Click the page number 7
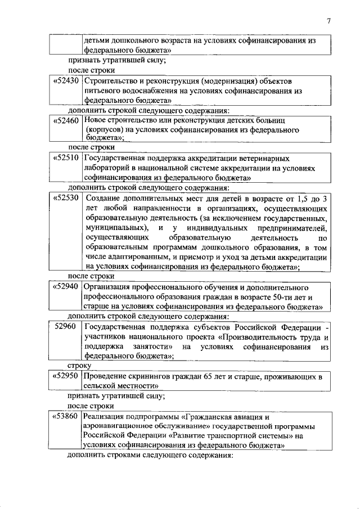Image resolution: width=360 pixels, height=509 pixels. pos(329,21)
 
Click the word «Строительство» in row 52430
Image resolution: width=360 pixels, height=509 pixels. pos(110,81)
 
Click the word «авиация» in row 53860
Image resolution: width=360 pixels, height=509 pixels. pos(245,417)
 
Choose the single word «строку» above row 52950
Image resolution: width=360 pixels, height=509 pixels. pos(79,366)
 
